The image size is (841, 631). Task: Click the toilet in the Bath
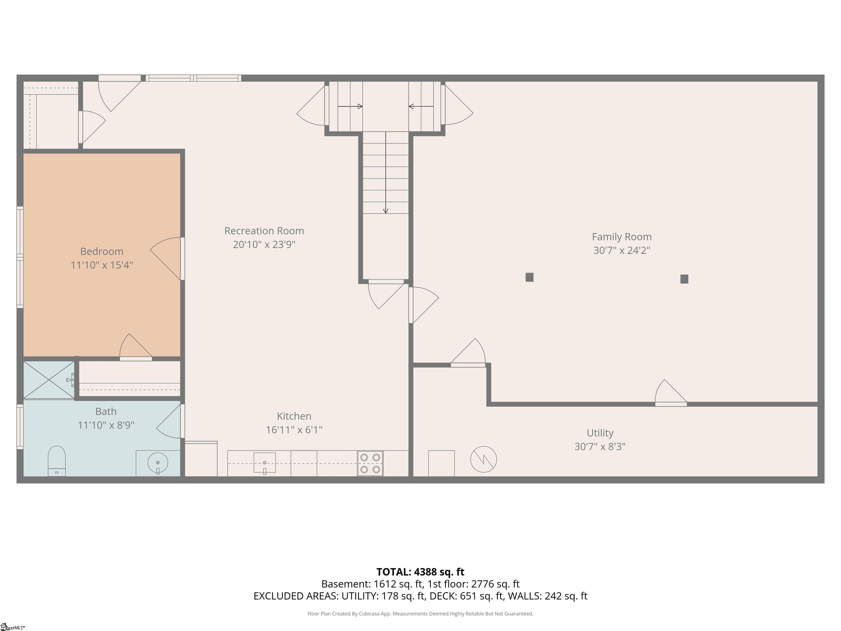[57, 461]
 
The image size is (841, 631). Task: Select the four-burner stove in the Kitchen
[370, 463]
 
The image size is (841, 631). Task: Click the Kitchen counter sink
[265, 463]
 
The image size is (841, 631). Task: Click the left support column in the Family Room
[529, 277]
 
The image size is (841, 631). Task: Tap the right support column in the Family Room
[684, 279]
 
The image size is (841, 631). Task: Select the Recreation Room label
[264, 231]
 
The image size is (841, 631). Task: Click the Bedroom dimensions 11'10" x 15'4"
[102, 265]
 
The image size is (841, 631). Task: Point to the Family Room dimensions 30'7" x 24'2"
[622, 250]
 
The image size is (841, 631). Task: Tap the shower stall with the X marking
[49, 380]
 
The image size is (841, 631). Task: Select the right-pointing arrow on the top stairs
[350, 107]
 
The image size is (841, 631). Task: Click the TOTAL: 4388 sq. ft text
[420, 572]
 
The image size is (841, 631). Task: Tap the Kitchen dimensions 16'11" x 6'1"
[294, 430]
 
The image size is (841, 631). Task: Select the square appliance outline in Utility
[441, 463]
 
